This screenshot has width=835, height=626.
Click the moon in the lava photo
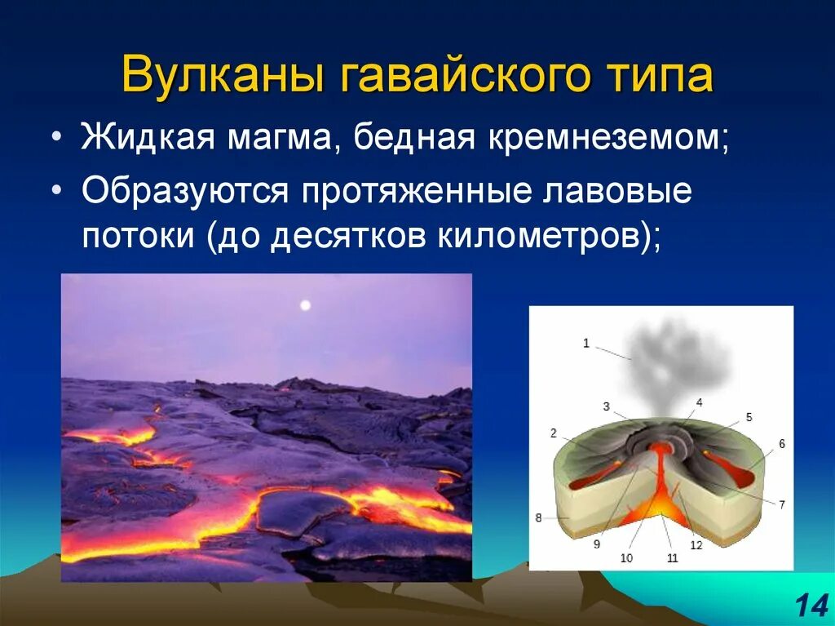tap(305, 305)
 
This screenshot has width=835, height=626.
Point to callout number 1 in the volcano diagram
tap(585, 343)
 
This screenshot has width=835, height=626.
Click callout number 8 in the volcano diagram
tap(538, 517)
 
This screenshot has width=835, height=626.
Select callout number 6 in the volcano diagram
tap(781, 444)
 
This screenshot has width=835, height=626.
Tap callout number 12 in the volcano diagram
tap(696, 545)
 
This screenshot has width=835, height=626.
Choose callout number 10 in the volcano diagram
tap(625, 558)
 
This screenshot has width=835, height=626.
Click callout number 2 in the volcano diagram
tap(553, 433)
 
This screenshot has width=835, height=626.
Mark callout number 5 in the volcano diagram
tap(749, 417)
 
